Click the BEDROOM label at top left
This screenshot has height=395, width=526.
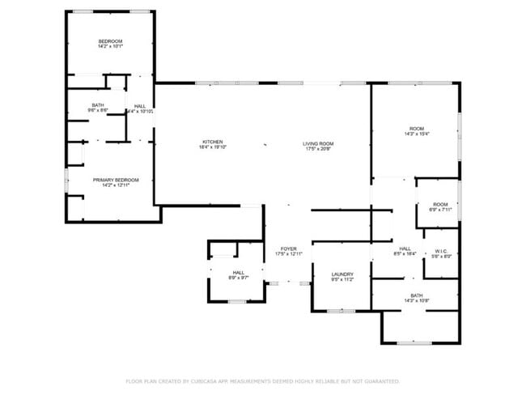tap(111, 41)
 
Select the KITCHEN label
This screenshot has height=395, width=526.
tap(212, 142)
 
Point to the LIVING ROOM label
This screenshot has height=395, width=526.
tap(319, 143)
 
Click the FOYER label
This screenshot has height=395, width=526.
tap(288, 248)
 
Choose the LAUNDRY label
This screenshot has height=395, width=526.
tap(342, 274)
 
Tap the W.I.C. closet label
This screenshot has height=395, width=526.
tap(441, 251)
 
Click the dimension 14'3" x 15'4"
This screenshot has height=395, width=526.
tap(417, 134)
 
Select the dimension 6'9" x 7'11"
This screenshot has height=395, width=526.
tap(440, 209)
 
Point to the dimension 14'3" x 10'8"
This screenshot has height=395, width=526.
tap(417, 301)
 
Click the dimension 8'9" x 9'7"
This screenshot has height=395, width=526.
tap(239, 278)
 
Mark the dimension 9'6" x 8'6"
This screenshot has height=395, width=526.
tap(98, 110)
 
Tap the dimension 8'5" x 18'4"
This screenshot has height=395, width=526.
tap(405, 254)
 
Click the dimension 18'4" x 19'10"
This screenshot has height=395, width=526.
tap(212, 147)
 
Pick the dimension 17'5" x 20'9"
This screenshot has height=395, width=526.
tap(319, 149)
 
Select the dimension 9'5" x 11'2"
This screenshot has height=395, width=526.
tap(342, 280)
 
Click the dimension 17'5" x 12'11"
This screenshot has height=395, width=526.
tap(288, 254)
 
